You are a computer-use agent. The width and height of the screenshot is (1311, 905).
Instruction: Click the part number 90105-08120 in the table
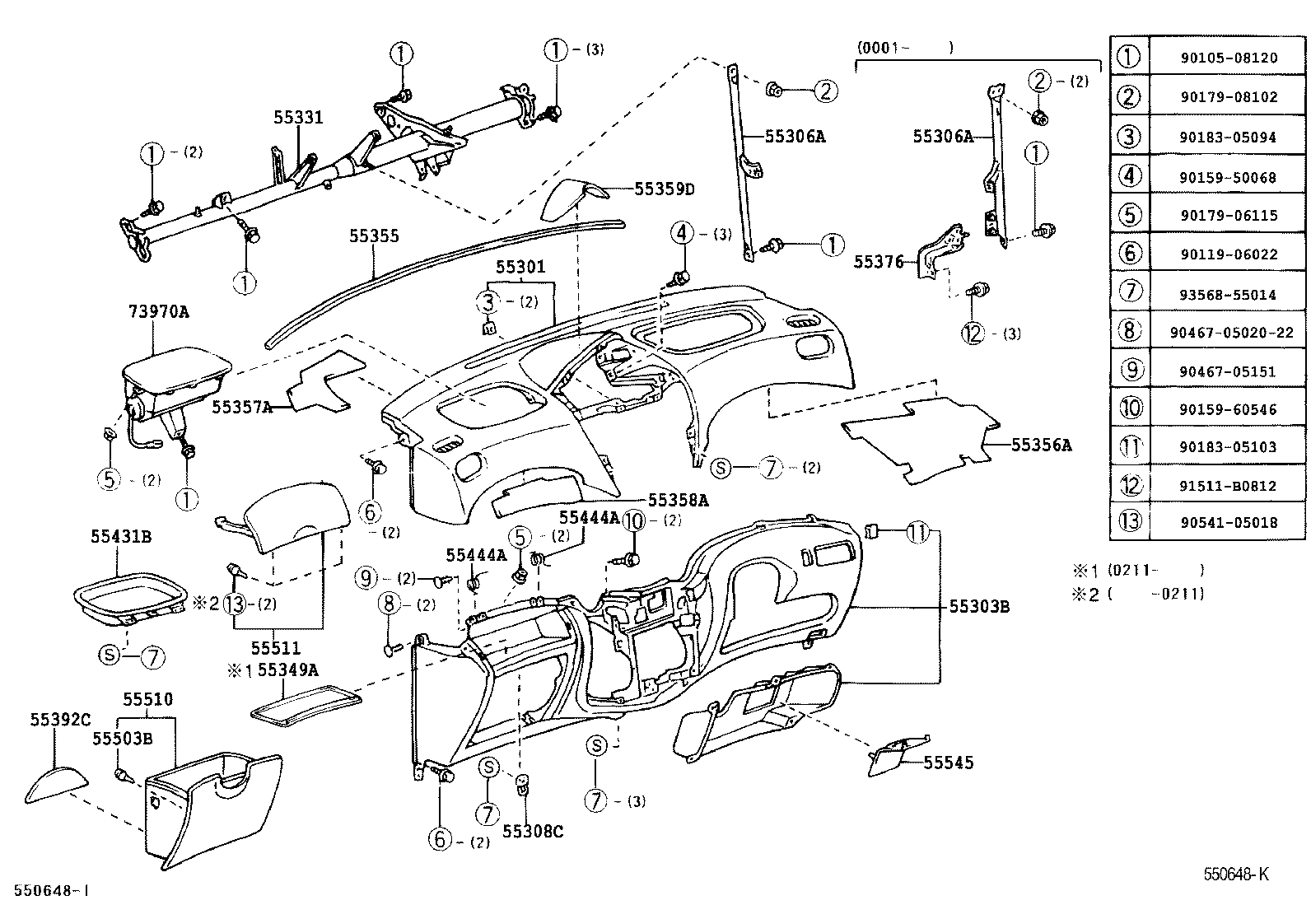pos(1227,58)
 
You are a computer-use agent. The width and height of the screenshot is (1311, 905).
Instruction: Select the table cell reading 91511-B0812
pos(1227,486)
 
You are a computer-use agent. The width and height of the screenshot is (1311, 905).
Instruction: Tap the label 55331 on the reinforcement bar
pos(298,118)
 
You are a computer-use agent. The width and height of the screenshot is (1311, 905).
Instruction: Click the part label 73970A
pos(158,311)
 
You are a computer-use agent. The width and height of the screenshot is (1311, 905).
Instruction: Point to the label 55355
pos(373,236)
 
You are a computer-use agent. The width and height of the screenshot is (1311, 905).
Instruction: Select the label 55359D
pos(664,189)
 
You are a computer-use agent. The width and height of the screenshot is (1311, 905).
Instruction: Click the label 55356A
pos(1041,445)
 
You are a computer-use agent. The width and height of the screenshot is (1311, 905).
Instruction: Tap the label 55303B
pos(979,607)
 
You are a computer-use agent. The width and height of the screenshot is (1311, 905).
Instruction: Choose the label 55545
pos(948,763)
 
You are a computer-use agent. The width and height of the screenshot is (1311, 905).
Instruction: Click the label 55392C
pos(60,719)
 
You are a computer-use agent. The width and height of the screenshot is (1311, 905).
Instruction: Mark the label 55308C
pos(533,831)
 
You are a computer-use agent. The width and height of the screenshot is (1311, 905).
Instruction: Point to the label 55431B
pos(121,537)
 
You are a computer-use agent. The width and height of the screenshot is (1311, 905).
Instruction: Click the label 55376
pos(878,262)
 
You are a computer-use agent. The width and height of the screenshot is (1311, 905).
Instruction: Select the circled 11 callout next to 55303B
pos(917,534)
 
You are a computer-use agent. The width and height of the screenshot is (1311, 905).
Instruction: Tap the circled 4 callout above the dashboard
pos(683,233)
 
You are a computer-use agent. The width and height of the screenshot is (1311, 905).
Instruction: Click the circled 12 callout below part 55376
pos(973,334)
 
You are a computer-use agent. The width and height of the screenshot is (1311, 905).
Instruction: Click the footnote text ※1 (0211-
pos(1136,570)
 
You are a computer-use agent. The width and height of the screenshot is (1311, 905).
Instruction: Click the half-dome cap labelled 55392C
pos(54,785)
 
